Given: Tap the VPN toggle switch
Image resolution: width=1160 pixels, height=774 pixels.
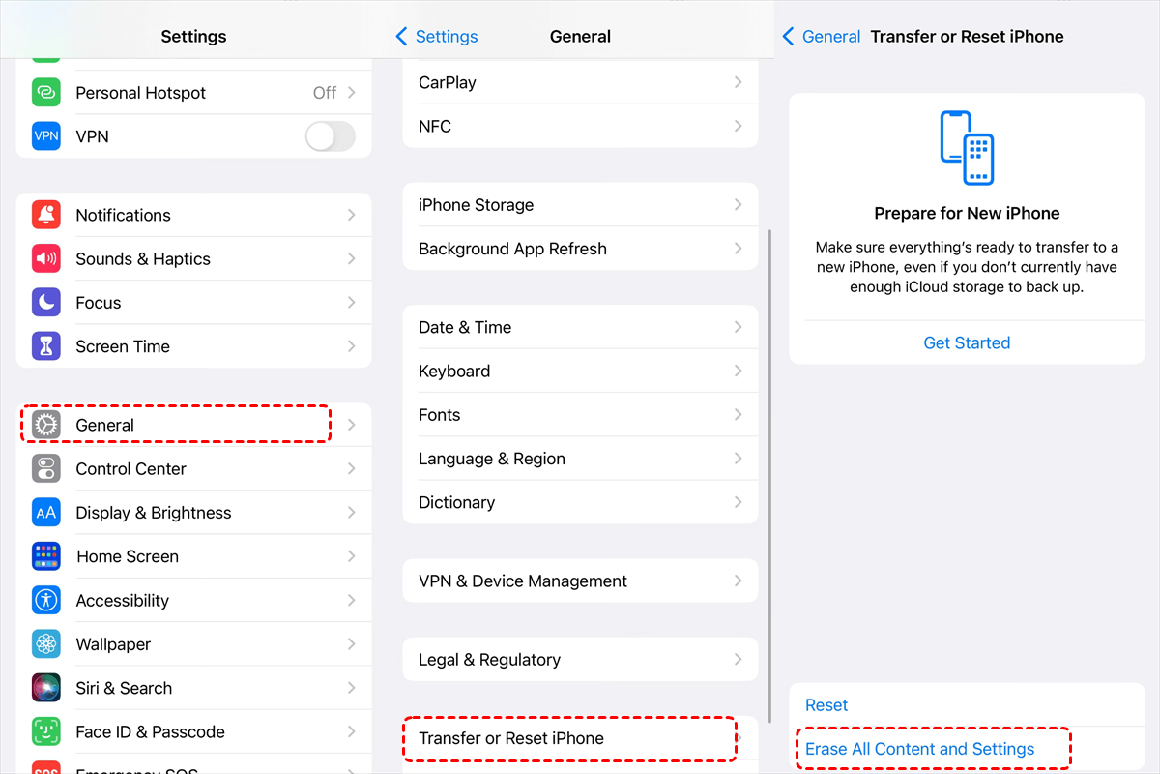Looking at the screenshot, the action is (331, 136).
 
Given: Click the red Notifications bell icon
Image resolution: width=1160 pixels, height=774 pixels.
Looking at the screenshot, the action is (46, 215).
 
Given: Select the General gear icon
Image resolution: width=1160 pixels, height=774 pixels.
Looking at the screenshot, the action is (46, 425).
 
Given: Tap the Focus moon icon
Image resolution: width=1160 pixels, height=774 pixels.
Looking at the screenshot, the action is (46, 302).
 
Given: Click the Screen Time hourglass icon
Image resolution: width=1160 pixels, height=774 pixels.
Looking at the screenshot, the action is (46, 345).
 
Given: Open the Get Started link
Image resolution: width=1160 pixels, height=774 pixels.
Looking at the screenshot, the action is (967, 342).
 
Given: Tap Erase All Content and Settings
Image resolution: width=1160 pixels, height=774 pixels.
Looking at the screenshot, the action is (919, 749).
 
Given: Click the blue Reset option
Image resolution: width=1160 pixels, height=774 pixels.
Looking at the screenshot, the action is (826, 705).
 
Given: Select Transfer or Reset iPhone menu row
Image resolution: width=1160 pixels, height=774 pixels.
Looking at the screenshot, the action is (580, 738).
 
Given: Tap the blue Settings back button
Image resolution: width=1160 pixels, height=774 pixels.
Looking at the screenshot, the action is (437, 37).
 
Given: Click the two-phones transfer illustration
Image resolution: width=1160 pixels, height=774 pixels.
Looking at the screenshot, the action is (967, 148).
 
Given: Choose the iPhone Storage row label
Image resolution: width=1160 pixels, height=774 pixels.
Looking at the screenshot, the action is (476, 205).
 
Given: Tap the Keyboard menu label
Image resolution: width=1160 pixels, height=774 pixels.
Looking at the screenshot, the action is (454, 372).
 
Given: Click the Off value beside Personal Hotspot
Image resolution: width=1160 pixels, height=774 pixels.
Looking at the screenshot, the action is (325, 93).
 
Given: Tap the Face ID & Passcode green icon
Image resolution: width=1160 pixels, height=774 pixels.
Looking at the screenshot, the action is (46, 731).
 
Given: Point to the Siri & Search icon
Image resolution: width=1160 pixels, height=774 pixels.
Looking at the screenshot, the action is (46, 688).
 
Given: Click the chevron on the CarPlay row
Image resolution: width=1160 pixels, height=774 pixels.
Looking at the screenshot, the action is (738, 82).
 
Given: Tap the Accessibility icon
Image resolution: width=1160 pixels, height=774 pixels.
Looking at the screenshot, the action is (46, 600).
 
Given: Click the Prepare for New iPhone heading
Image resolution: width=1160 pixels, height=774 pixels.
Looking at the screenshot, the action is (967, 213).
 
